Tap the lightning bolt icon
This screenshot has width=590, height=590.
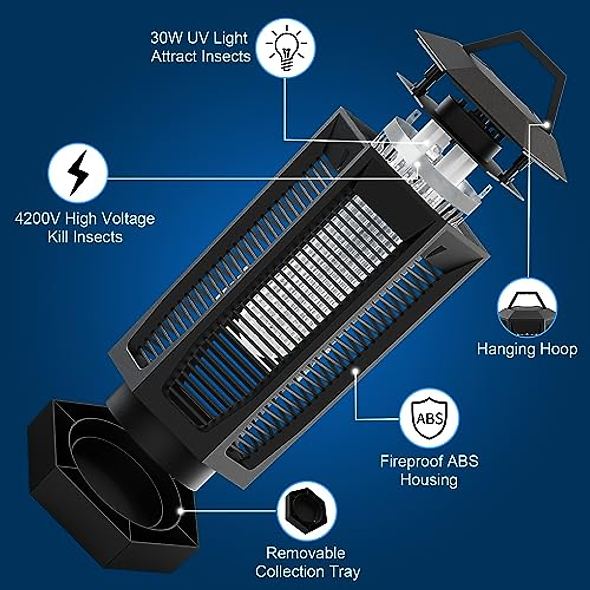coord(78,173)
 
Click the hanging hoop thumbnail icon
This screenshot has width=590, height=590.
coord(527,308)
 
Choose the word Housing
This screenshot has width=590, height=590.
coord(429,479)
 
